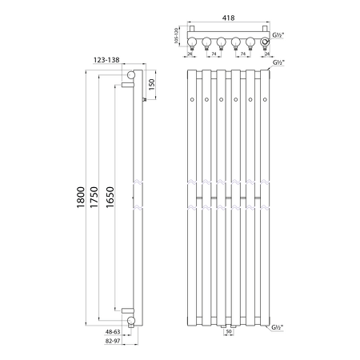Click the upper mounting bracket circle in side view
point(130,77)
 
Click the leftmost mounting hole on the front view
point(192,99)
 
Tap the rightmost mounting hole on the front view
point(264,99)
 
